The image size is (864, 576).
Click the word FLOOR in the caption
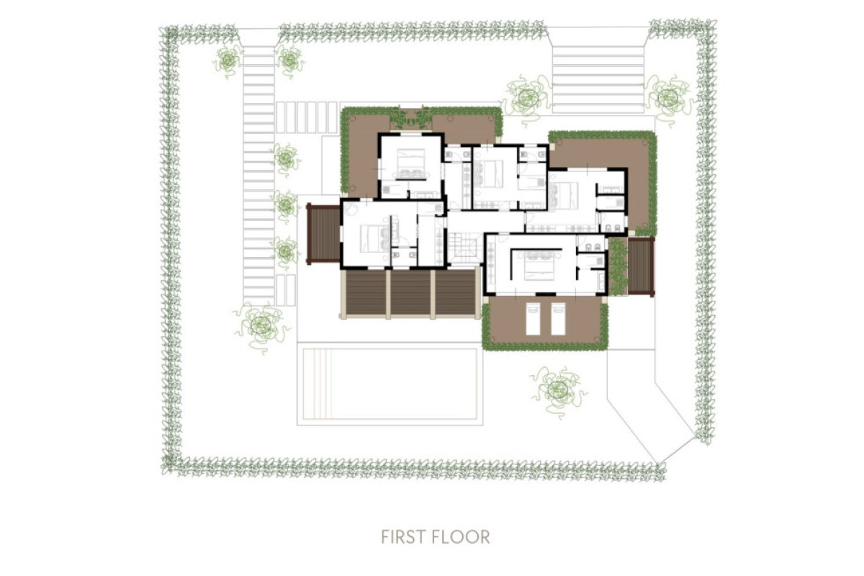tap(464, 536)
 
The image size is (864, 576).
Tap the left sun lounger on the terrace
tap(534, 319)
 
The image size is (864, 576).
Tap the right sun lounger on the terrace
tap(558, 319)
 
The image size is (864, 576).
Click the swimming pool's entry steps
tap(318, 384)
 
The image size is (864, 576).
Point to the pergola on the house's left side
tap(323, 233)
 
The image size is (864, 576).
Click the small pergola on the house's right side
tap(641, 266)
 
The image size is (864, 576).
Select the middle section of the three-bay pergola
tap(410, 294)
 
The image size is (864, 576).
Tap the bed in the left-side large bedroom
tap(374, 238)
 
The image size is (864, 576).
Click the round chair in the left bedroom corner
tap(351, 209)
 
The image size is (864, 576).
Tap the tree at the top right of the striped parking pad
tap(669, 98)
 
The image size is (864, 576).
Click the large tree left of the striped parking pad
tap(527, 98)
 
